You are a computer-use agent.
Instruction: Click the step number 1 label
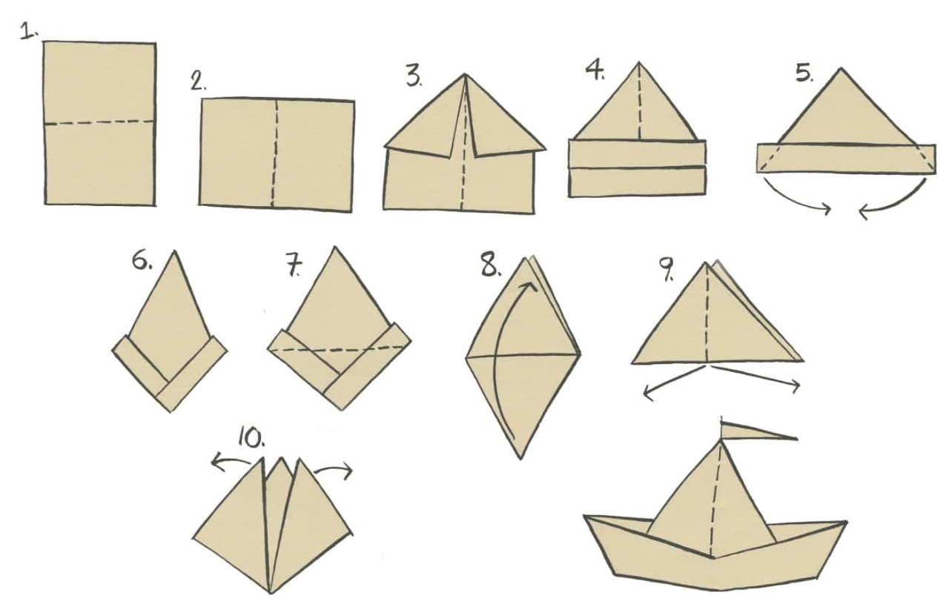[29, 32]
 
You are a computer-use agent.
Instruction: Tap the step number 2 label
[198, 81]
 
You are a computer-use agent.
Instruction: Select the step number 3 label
[414, 76]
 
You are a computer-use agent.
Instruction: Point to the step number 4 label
[595, 70]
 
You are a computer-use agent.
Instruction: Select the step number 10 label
[251, 437]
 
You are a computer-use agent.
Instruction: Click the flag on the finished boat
[758, 431]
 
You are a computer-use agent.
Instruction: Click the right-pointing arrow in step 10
[333, 469]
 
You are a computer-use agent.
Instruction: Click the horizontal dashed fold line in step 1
[99, 123]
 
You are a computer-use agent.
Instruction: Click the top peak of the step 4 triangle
[639, 63]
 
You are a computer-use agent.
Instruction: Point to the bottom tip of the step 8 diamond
[520, 458]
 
